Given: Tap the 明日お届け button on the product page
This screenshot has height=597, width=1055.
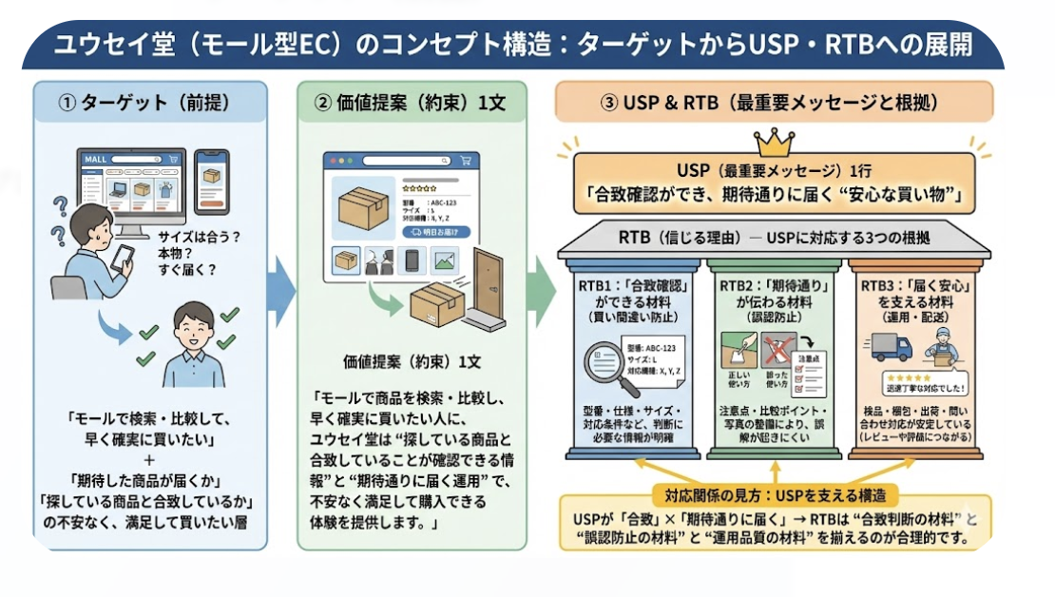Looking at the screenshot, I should tap(436, 231).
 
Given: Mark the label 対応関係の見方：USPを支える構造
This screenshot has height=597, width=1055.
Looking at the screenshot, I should tap(774, 496).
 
